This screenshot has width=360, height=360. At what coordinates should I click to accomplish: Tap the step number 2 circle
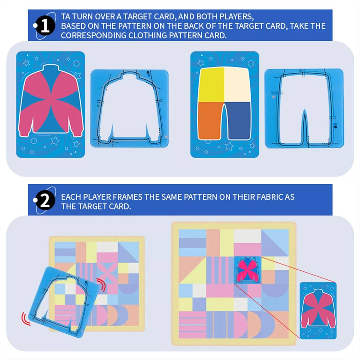(x=45, y=201)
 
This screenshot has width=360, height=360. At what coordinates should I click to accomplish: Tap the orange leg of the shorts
(x=210, y=120)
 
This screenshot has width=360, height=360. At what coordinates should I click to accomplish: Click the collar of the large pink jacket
(x=50, y=69)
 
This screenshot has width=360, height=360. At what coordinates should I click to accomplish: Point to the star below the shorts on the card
(x=229, y=146)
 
